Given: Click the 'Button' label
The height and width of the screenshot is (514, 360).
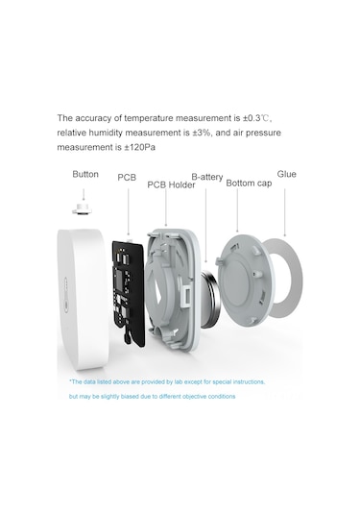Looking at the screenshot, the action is tap(85, 174).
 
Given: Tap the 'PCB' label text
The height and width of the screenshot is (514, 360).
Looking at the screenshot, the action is tap(127, 178).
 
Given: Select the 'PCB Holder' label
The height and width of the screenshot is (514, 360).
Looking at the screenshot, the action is tap(171, 184).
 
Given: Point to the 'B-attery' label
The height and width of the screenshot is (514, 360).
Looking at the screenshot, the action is tap(207, 177).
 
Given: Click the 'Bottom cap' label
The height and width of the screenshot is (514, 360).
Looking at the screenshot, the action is tap(249, 183).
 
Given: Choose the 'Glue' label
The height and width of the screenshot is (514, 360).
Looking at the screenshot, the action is tap(287, 174).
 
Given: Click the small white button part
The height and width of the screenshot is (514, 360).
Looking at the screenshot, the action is tap(82, 208).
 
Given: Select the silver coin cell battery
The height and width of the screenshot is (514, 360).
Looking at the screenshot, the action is tap(208, 299).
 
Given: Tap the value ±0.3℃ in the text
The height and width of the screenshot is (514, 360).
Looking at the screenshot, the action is tap(256, 118).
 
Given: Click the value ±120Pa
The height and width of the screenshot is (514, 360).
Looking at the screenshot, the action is tap(139, 148).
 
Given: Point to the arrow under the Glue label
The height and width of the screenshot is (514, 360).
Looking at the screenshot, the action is tap(285, 212).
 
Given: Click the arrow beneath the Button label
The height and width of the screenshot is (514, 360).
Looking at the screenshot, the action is tap(84, 194).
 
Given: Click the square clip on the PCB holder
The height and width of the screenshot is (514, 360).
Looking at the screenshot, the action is tap(187, 295).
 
